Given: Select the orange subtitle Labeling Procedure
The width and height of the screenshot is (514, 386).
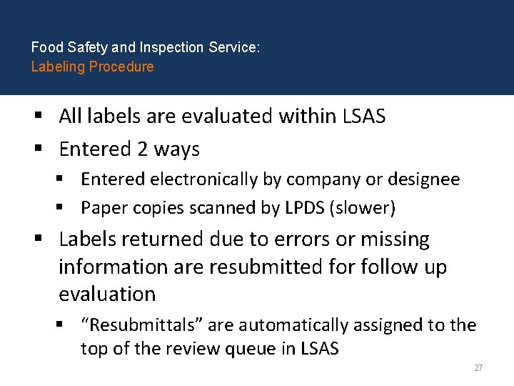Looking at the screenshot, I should point(92,66).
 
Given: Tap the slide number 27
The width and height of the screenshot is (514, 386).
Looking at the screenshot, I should point(478,368).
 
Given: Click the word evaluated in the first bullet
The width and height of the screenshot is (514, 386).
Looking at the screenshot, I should point(228,116).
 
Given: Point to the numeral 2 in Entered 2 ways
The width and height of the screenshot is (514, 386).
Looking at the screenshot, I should point(143,149).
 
